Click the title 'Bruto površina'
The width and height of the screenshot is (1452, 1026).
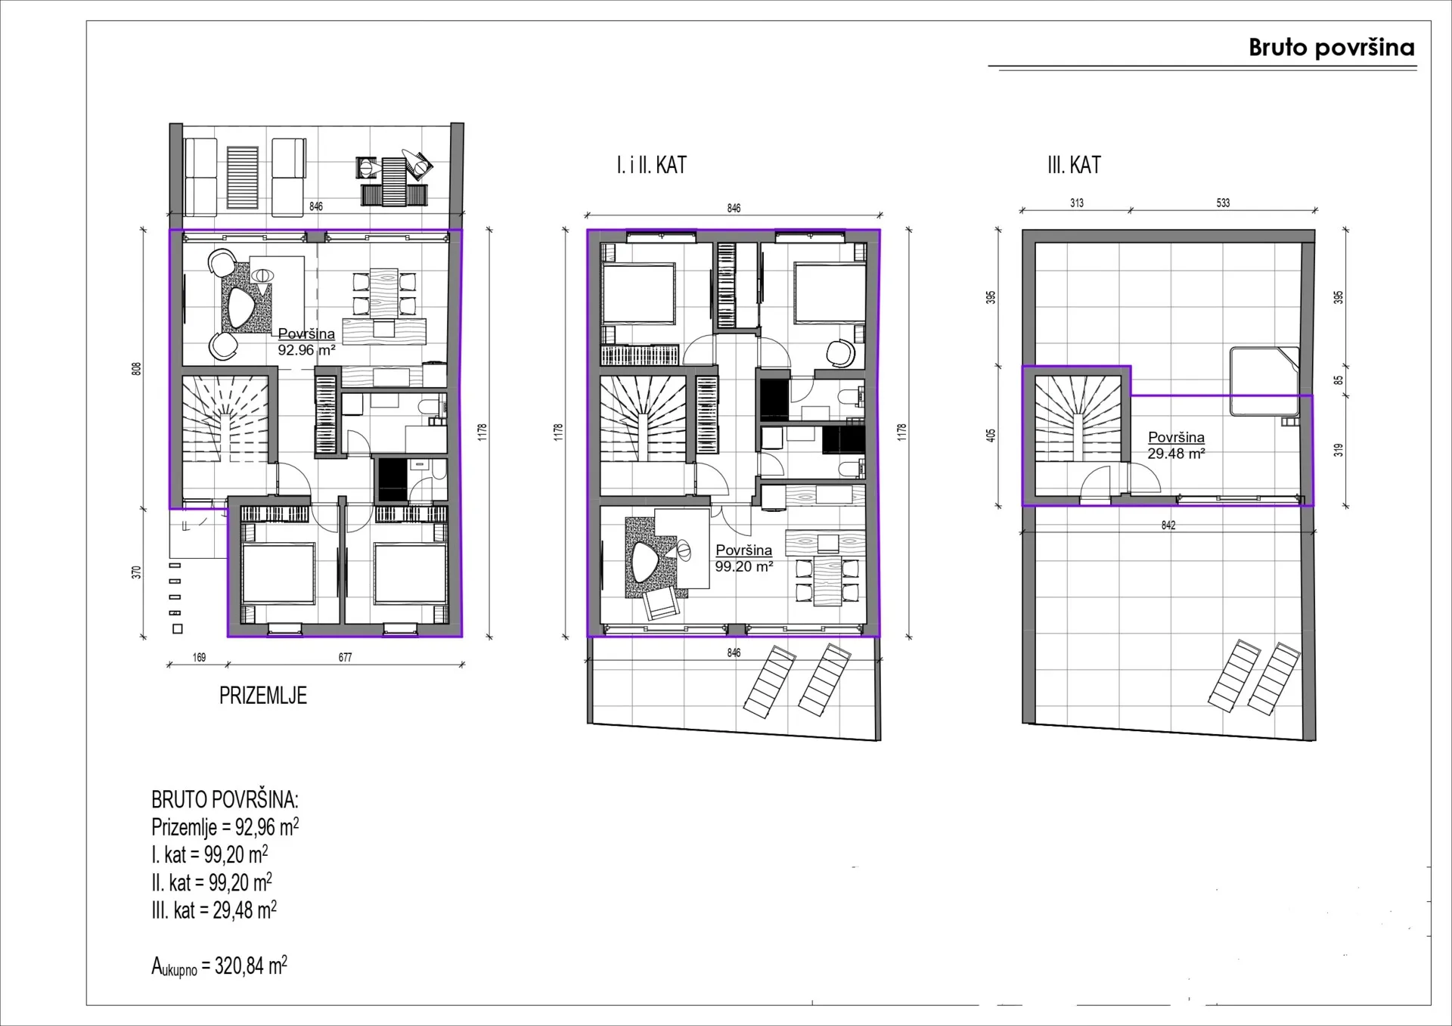1331,48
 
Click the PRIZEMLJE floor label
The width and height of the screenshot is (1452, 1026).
263,696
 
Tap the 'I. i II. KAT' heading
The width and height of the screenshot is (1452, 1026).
651,165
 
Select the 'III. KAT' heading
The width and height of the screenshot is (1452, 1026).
1074,165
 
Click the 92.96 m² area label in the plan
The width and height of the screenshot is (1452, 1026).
306,350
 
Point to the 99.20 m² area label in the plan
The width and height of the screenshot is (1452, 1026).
744,566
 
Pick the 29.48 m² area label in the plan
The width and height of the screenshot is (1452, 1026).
1176,454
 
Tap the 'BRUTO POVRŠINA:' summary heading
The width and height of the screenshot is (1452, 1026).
225,799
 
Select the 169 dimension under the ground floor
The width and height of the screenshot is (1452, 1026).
199,658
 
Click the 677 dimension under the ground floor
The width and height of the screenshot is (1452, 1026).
345,658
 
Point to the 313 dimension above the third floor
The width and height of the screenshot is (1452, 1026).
1077,203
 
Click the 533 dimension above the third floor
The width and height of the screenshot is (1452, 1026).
1223,203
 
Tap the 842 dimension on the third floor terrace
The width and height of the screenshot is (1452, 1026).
1168,525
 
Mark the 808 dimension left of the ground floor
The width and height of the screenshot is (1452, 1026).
137,369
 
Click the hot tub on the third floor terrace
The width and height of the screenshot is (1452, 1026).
1264,381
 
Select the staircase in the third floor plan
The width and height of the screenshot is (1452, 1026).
1078,420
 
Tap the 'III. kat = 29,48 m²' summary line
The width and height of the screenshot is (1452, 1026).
214,910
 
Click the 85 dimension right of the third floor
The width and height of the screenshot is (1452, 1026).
1339,380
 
